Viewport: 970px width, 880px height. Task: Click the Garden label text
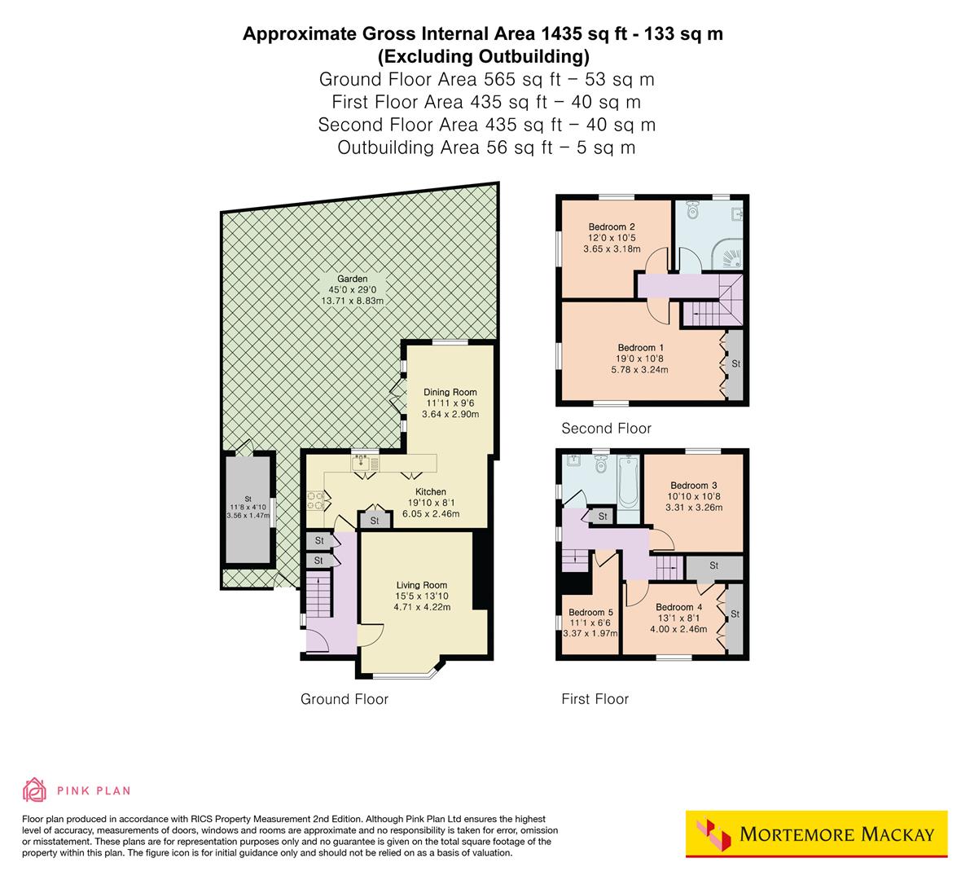[353, 279]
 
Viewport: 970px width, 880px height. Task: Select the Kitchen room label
[431, 491]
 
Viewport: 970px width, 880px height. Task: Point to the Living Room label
[422, 585]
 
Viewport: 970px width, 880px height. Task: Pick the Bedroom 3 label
[694, 486]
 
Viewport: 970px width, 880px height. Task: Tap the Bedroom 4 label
[678, 607]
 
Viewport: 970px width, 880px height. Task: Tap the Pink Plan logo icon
[35, 790]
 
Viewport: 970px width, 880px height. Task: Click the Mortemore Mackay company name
[837, 834]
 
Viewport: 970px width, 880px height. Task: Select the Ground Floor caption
[345, 699]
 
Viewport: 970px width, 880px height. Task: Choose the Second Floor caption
[607, 429]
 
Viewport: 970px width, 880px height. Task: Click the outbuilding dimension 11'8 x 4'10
[248, 507]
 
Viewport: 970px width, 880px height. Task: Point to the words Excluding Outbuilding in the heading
[483, 56]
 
